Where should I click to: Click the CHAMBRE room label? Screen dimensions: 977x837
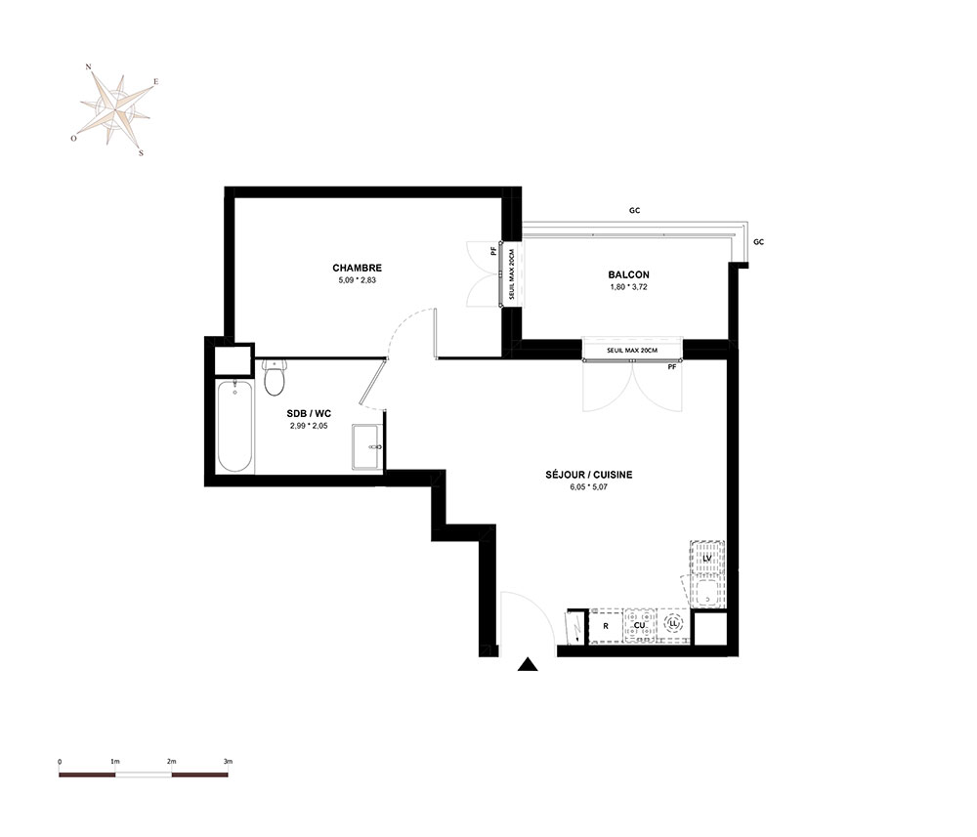pyautogui.click(x=357, y=268)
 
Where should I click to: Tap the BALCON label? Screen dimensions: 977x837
pyautogui.click(x=628, y=274)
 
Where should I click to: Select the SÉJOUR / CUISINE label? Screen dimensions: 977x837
pyautogui.click(x=589, y=475)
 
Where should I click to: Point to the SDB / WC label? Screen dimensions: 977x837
pyautogui.click(x=309, y=413)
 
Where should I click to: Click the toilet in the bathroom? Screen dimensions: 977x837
pyautogui.click(x=275, y=377)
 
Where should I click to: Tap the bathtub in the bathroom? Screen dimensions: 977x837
pyautogui.click(x=234, y=427)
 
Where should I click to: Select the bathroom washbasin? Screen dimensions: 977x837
pyautogui.click(x=367, y=446)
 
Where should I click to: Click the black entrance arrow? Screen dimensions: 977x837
pyautogui.click(x=528, y=664)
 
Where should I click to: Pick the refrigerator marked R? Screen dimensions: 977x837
pyautogui.click(x=606, y=626)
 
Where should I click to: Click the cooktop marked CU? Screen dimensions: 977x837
pyautogui.click(x=639, y=625)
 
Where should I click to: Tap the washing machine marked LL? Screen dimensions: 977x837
pyautogui.click(x=673, y=623)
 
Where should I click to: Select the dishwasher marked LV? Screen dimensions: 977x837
pyautogui.click(x=707, y=558)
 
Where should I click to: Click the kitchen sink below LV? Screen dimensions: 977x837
pyautogui.click(x=707, y=592)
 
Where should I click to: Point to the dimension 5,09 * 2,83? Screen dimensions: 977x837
pyautogui.click(x=357, y=280)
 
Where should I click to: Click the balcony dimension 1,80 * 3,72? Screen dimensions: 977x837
pyautogui.click(x=628, y=287)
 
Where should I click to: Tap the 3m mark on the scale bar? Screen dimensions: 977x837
pyautogui.click(x=228, y=761)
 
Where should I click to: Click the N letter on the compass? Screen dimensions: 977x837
pyautogui.click(x=89, y=66)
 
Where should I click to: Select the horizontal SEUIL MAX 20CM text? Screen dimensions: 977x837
pyautogui.click(x=632, y=351)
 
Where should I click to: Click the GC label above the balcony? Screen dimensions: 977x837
pyautogui.click(x=634, y=211)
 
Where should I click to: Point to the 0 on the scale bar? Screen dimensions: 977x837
pyautogui.click(x=60, y=761)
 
